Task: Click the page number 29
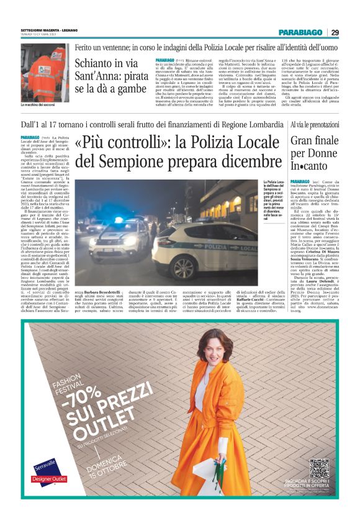[x=335, y=32]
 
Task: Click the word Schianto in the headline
[x=96, y=63]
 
